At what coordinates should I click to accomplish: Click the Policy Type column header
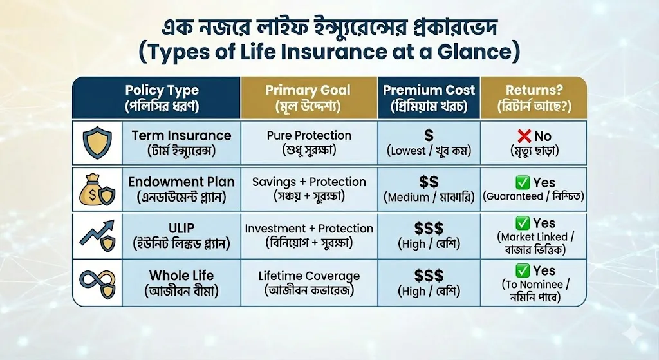pyautogui.click(x=162, y=97)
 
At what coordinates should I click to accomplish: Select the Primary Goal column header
pyautogui.click(x=308, y=97)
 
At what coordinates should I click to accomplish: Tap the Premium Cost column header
pyautogui.click(x=429, y=97)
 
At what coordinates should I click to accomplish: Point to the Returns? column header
pyautogui.click(x=534, y=97)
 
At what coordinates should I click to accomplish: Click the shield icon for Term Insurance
pyautogui.click(x=97, y=142)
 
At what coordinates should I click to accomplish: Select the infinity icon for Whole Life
pyautogui.click(x=97, y=283)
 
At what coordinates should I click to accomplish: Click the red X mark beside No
pyautogui.click(x=524, y=136)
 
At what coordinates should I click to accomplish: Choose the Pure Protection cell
pyautogui.click(x=309, y=142)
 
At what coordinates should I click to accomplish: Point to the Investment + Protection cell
pyautogui.click(x=309, y=236)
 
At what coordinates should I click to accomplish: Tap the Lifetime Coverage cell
pyautogui.click(x=309, y=283)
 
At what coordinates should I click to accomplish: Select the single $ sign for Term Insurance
pyautogui.click(x=429, y=135)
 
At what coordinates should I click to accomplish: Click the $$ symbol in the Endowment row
pyautogui.click(x=429, y=182)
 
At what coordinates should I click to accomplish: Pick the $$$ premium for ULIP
pyautogui.click(x=429, y=229)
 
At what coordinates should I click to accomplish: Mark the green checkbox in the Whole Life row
pyautogui.click(x=523, y=270)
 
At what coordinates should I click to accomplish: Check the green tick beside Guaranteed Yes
pyautogui.click(x=523, y=183)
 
